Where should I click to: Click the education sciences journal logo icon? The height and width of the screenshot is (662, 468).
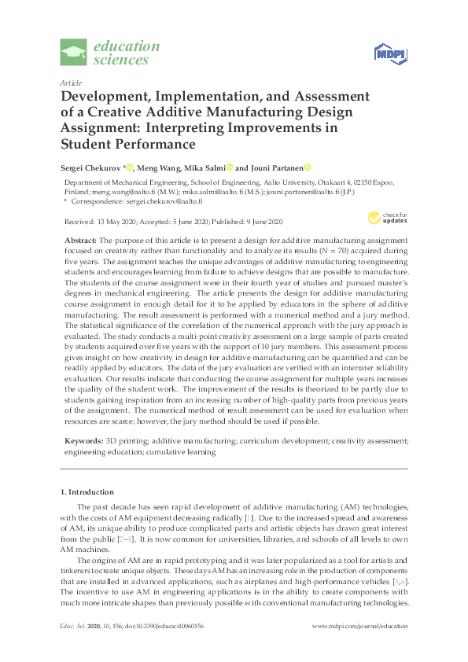(76, 53)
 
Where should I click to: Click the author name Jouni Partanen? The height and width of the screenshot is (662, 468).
(275, 167)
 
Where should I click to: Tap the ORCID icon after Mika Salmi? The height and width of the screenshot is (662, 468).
(230, 167)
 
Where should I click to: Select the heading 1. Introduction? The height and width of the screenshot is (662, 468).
(87, 491)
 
